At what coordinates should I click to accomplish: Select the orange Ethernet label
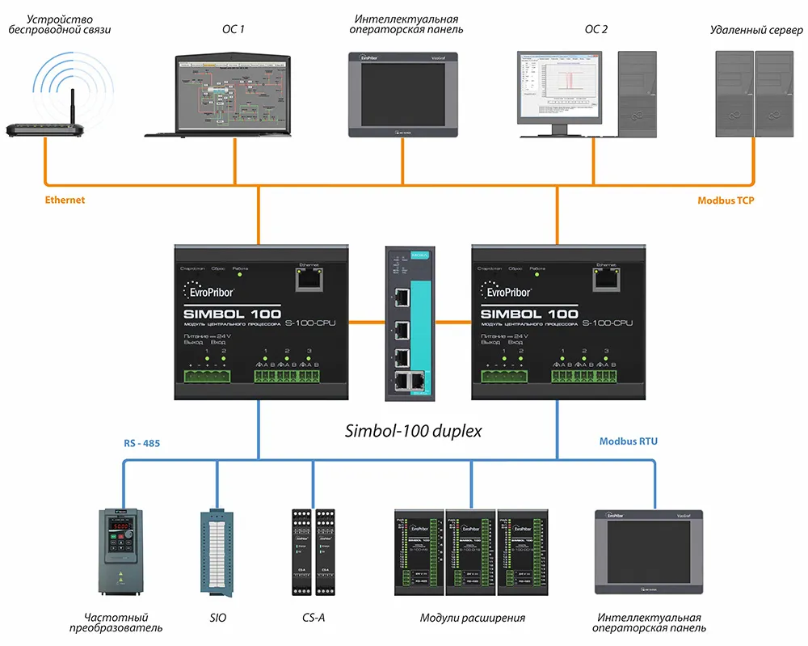tap(65, 200)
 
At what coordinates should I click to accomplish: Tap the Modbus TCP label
tap(726, 200)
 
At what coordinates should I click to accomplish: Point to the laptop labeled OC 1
tap(233, 94)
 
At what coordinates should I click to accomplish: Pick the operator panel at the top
tap(402, 94)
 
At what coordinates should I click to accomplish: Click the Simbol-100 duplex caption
tap(411, 431)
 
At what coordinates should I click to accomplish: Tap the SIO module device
tap(215, 551)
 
